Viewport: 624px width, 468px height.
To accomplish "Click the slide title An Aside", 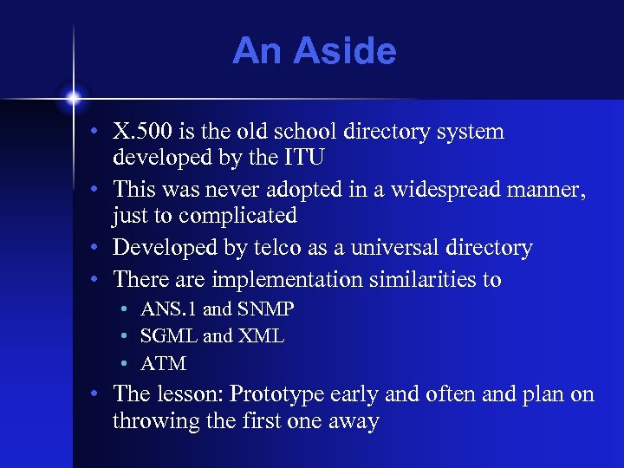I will point(314,52).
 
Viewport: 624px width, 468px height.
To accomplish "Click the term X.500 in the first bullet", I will point(143,133).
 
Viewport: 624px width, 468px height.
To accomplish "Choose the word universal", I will point(373,248).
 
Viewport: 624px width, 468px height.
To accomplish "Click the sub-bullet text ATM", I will point(163,363).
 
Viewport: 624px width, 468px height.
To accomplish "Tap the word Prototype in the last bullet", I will point(283,394).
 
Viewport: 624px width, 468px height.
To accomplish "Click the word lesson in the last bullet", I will point(190,394).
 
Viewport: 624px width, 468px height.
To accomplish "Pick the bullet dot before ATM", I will point(126,363).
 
